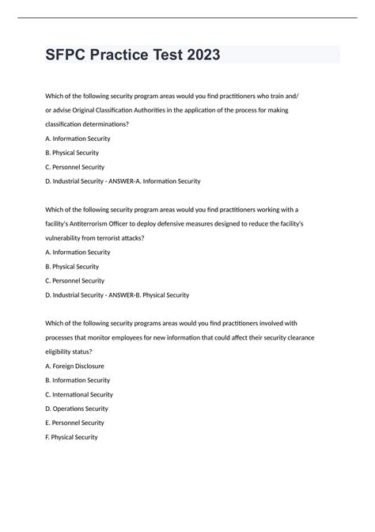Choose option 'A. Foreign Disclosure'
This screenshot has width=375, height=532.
[75, 366]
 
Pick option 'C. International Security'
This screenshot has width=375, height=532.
[80, 394]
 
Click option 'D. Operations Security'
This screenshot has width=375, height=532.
[77, 408]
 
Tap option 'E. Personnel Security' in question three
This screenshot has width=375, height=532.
[75, 423]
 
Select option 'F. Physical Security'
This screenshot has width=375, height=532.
[72, 437]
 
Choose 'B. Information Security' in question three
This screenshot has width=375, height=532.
[78, 380]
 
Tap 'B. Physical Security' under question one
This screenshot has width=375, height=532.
[72, 153]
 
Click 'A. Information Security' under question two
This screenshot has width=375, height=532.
[78, 253]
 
